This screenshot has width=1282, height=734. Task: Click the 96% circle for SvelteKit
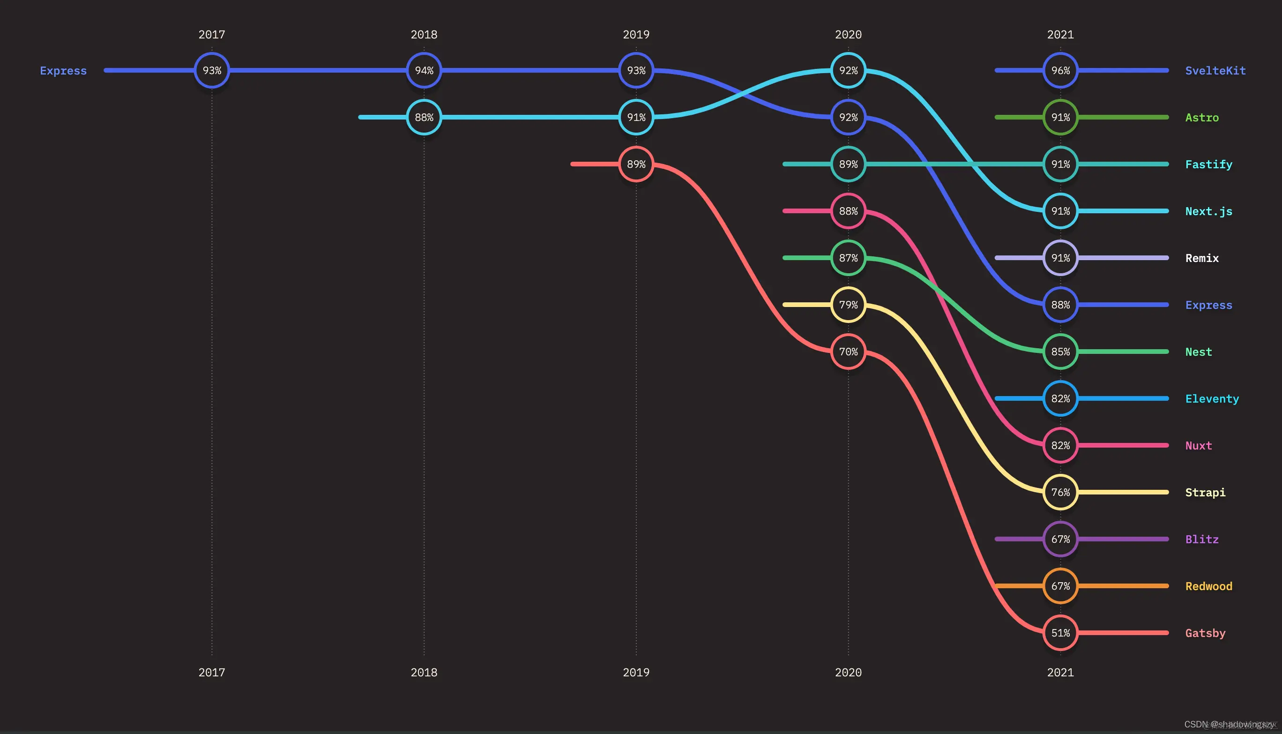coord(1060,71)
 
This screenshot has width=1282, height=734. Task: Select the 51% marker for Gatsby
coord(1060,633)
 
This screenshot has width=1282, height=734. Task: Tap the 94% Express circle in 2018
coord(424,71)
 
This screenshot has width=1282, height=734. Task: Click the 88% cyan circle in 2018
coord(424,118)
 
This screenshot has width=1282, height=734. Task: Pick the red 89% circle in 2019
coord(636,165)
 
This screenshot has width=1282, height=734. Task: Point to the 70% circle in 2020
coord(848,352)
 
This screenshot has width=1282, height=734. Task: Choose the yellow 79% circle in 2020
coord(848,305)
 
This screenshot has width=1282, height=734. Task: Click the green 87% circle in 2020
coord(848,258)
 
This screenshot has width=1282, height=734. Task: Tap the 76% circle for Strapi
coord(1060,492)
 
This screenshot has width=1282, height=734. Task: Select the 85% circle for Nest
coord(1060,352)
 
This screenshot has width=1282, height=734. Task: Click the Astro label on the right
coord(1202,118)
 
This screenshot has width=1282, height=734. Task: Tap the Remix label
coord(1202,259)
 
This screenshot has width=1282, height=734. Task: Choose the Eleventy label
coord(1212,399)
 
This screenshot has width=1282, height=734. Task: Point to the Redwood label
coord(1208,586)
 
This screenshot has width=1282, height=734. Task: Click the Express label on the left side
coord(64,71)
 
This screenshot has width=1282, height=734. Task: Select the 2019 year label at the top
coord(636,35)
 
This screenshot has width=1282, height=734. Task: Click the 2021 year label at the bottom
coord(1060,673)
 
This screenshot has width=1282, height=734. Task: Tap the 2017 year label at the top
coord(212,35)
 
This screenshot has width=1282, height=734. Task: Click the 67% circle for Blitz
coord(1060,539)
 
